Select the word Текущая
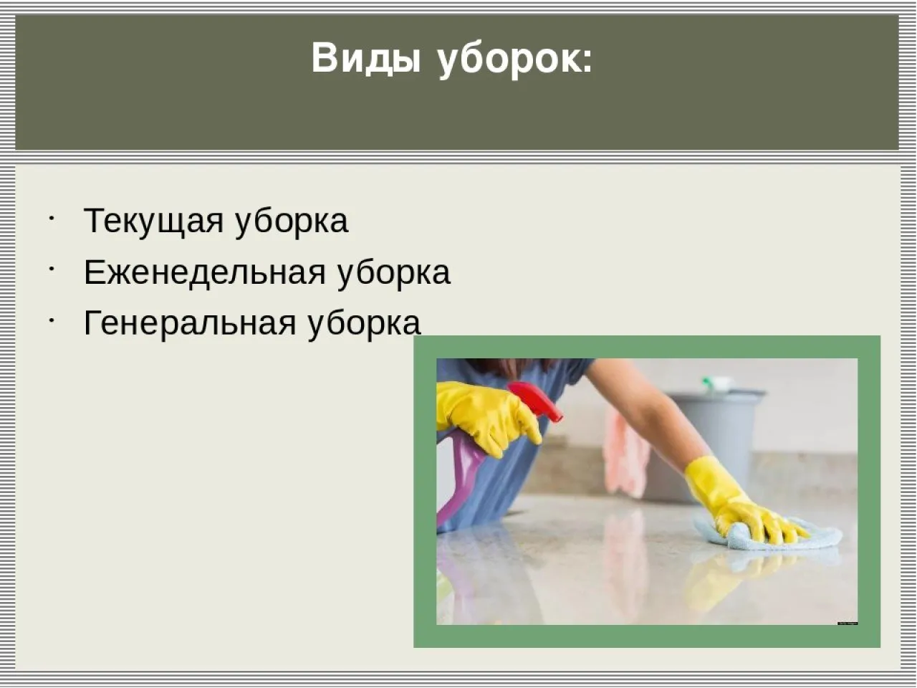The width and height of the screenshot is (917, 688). click(x=153, y=221)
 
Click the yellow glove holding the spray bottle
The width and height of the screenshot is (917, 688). click(x=487, y=416)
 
